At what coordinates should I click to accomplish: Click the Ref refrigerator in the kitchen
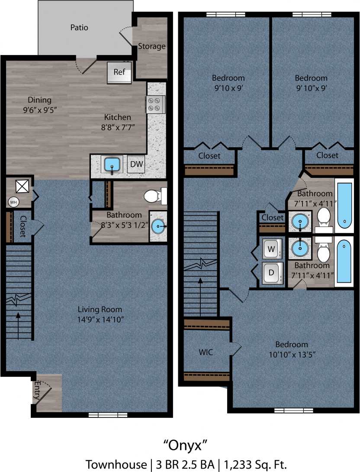tap(119, 72)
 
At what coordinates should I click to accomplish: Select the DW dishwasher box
tap(136, 165)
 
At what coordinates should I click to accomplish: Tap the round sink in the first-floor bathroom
tap(159, 226)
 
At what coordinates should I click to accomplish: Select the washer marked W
tap(272, 249)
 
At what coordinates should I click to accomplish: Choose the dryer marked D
tap(272, 273)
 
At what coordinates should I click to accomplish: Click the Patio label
tap(79, 28)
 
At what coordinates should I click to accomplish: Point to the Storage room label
tap(152, 46)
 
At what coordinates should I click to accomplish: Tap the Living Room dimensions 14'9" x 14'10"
tap(100, 320)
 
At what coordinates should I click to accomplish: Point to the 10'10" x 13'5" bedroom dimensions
tap(292, 355)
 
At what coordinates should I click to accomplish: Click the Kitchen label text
tap(117, 117)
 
